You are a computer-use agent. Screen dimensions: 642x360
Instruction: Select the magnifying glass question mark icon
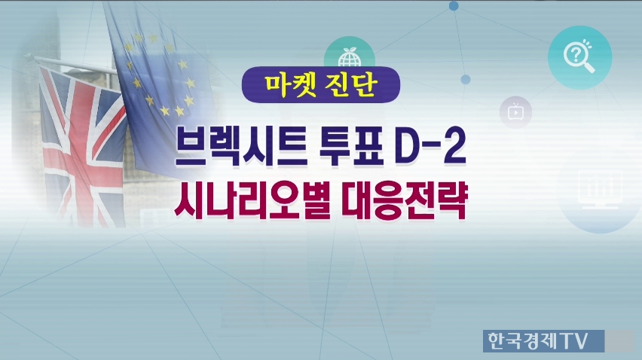[x=579, y=57]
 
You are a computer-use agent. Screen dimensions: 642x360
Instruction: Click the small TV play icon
[x=515, y=112]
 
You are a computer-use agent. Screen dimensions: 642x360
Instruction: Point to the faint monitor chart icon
[x=600, y=191]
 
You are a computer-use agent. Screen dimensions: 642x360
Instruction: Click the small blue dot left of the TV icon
[x=466, y=79]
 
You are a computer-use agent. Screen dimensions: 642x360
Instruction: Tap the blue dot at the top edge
[x=454, y=6]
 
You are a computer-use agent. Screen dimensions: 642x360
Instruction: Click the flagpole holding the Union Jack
[x=70, y=64]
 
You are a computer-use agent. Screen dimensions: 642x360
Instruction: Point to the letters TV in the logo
[x=576, y=340]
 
